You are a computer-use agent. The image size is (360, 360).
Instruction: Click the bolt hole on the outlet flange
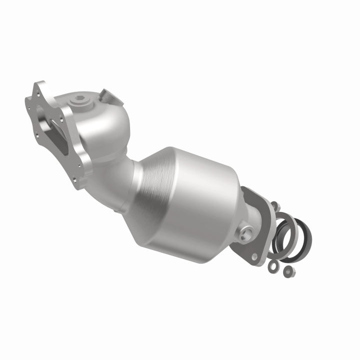[255, 256]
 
